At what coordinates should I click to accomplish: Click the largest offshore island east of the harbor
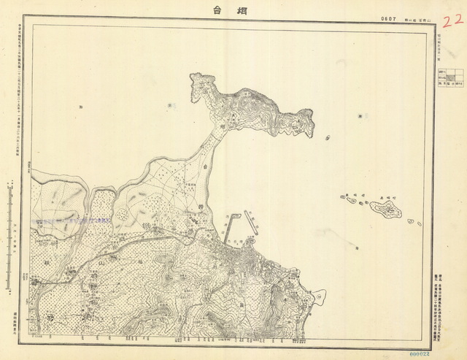(386, 210)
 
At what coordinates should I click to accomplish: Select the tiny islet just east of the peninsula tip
(326, 137)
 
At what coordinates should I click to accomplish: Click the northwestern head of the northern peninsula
(196, 79)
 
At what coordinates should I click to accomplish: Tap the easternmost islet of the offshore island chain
(417, 222)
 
